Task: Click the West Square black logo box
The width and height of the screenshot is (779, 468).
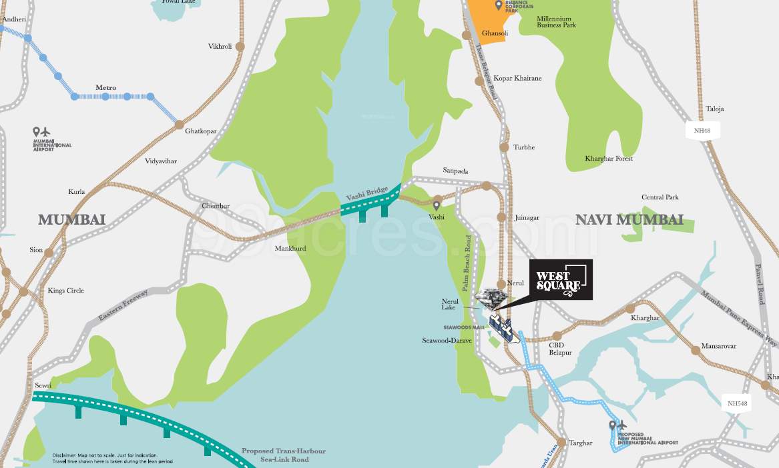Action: (561, 279)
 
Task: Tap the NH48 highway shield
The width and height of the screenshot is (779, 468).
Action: (702, 130)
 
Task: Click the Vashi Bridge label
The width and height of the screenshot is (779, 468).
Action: (366, 195)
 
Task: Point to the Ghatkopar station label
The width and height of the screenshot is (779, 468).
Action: (201, 131)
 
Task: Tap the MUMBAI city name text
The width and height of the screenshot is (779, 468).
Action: (72, 220)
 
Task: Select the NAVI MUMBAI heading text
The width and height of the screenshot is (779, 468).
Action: (629, 220)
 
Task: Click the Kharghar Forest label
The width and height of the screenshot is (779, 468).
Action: (609, 159)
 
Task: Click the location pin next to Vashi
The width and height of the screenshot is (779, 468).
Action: (437, 206)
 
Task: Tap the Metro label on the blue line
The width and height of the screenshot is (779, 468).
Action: (105, 88)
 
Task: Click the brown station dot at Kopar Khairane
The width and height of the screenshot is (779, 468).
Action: (479, 81)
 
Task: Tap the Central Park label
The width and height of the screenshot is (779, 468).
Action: (660, 197)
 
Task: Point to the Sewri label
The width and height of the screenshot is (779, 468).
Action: (43, 386)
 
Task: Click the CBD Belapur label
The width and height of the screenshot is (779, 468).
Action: (560, 349)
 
